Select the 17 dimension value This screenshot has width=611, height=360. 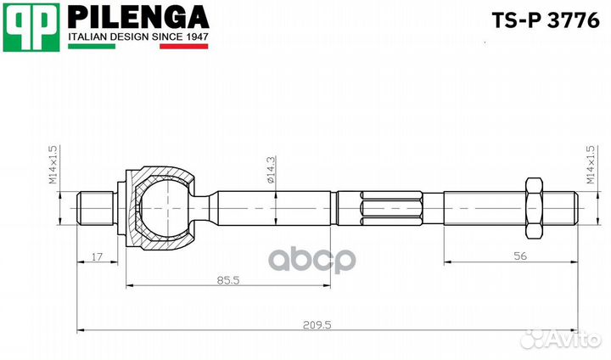[x=98, y=255]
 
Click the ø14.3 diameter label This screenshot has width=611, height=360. [x=270, y=170]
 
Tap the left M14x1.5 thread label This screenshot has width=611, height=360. [x=53, y=165]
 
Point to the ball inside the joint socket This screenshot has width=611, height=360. [x=163, y=207]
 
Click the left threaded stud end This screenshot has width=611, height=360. [x=94, y=207]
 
